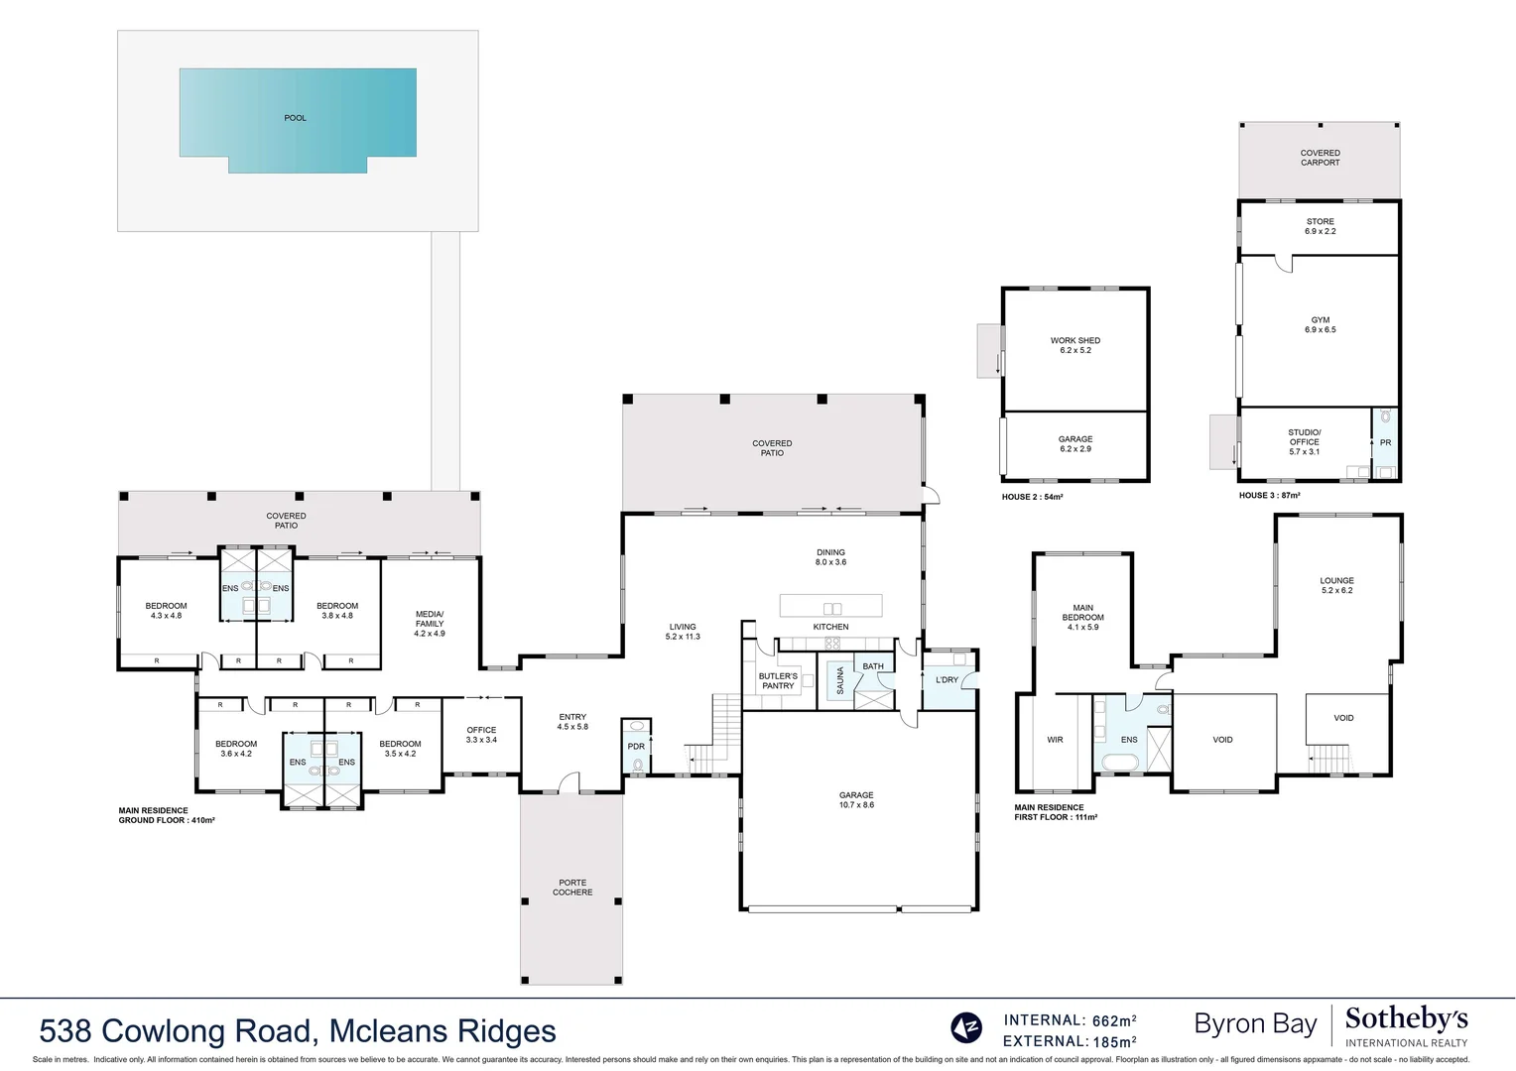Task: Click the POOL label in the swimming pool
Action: (x=296, y=118)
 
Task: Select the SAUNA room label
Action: (x=840, y=680)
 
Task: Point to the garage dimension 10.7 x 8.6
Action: (x=856, y=805)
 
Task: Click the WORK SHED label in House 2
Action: (x=1075, y=340)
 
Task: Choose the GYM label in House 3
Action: (x=1320, y=320)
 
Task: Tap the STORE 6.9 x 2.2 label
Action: (x=1320, y=227)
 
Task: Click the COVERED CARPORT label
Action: (x=1320, y=158)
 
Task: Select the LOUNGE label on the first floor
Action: (x=1336, y=581)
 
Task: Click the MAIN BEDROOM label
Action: (x=1082, y=613)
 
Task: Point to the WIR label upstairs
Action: (x=1055, y=740)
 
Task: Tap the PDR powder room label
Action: (x=636, y=747)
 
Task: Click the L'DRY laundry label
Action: (x=947, y=680)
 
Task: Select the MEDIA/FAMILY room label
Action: (x=430, y=619)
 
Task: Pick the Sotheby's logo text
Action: (x=1406, y=1019)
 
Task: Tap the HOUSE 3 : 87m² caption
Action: (x=1269, y=496)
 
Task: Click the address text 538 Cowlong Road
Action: (x=179, y=1031)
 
